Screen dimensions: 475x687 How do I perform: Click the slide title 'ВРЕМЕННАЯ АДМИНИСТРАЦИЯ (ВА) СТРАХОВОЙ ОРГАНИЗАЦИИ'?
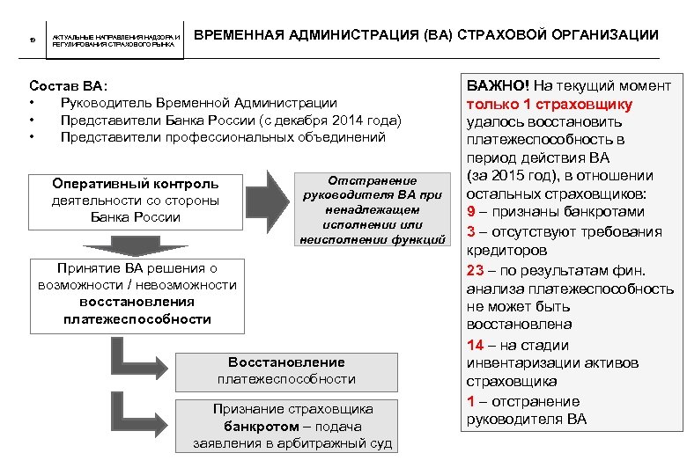tap(425, 35)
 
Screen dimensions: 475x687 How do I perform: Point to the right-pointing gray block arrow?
tap(268, 200)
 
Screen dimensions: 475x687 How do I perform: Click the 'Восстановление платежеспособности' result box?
tap(286, 370)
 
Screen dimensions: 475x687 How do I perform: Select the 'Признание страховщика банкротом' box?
tap(292, 427)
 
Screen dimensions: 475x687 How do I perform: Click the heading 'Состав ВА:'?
tap(68, 86)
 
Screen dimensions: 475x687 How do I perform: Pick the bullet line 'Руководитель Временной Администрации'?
tap(198, 103)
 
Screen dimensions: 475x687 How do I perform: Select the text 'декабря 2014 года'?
tap(343, 120)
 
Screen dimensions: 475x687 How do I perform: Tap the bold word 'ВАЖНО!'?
tap(495, 86)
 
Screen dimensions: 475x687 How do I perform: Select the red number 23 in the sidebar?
tap(475, 270)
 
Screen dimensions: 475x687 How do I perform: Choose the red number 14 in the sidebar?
tap(475, 345)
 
